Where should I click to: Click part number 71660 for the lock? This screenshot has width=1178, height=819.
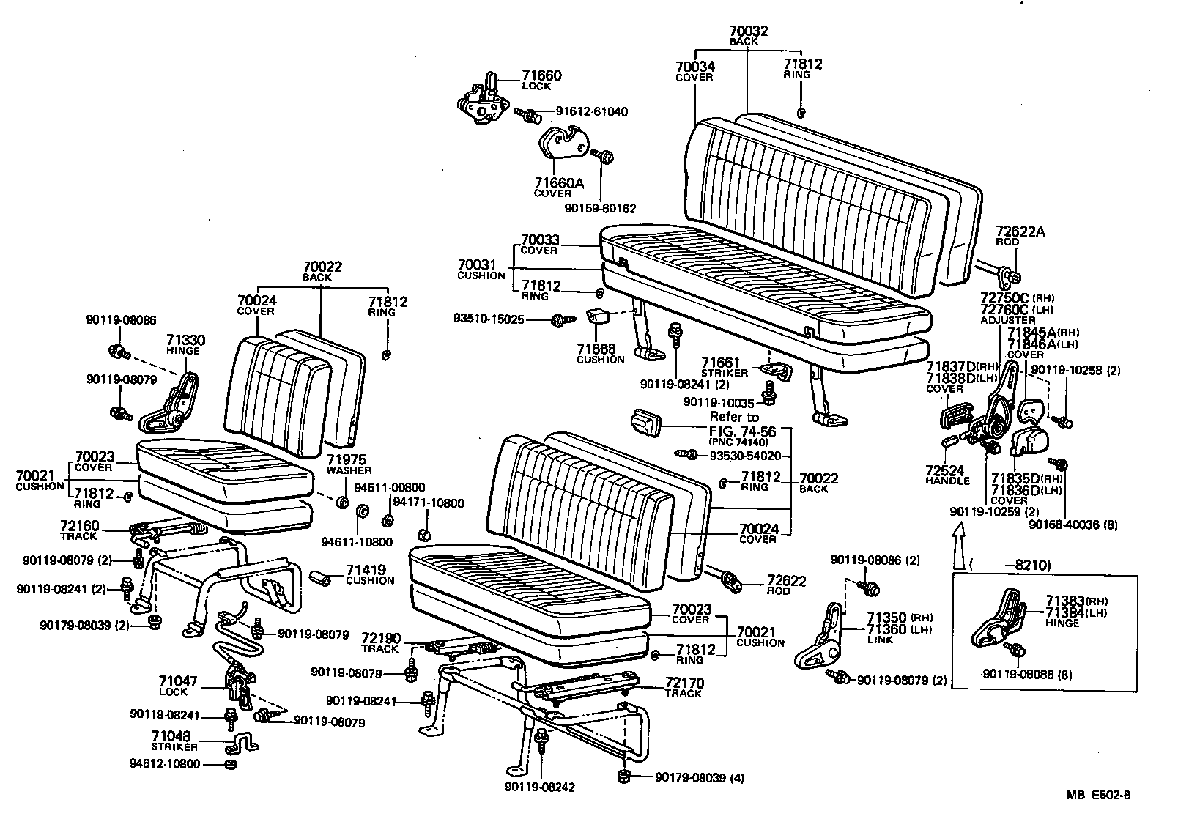[x=541, y=75]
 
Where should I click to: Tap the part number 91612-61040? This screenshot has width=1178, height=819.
[x=591, y=112]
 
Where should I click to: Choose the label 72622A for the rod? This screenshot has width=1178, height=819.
[x=1020, y=232]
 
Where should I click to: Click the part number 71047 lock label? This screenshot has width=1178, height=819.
[x=178, y=681]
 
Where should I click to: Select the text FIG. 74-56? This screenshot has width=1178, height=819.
[x=742, y=431]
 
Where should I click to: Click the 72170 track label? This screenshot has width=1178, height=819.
[x=684, y=683]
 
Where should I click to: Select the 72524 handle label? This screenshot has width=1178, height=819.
[x=944, y=470]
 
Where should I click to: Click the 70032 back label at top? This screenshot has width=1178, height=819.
[x=748, y=31]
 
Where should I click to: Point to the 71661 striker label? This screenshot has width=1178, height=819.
[x=721, y=362]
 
